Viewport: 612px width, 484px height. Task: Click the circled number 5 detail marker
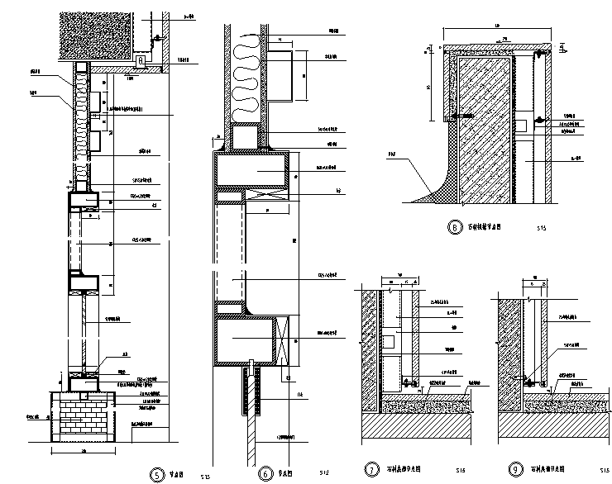(156, 474)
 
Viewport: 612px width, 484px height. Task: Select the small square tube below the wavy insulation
(246, 137)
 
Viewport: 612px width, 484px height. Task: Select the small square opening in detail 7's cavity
(388, 339)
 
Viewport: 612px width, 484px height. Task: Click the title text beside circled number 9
(539, 469)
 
